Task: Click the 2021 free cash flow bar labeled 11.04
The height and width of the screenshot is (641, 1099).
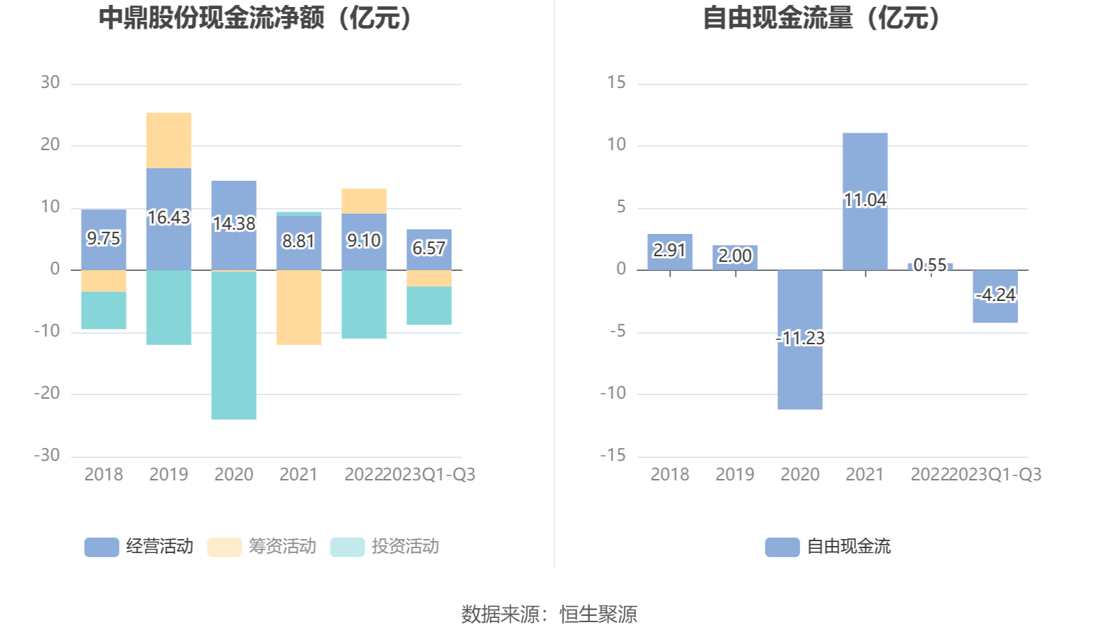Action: pos(864,168)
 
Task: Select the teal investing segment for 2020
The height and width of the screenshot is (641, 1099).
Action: pos(234,345)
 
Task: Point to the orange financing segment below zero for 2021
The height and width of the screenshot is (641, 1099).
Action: pos(299,307)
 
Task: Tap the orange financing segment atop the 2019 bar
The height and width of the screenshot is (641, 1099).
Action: pos(168,140)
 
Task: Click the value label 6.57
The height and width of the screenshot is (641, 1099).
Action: pos(428,249)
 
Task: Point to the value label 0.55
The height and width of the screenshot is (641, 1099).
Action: pos(930,265)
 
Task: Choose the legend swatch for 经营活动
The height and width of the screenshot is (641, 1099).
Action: pos(101,547)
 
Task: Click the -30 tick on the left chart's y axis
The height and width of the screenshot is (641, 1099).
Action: pos(47,455)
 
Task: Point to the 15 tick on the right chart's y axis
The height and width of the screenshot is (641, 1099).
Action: pos(617,83)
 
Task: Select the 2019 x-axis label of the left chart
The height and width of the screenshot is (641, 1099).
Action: pos(168,475)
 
